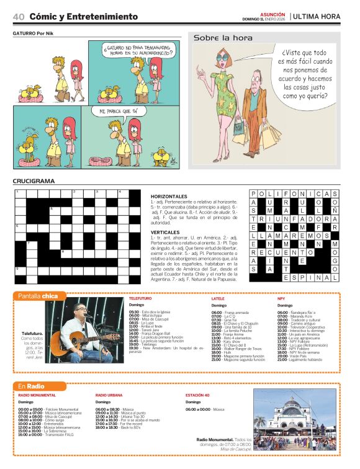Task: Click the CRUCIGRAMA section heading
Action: [x=34, y=181]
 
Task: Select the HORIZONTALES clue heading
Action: [x=168, y=196]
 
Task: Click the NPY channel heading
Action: [x=281, y=298]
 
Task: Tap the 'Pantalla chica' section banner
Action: [x=37, y=296]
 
